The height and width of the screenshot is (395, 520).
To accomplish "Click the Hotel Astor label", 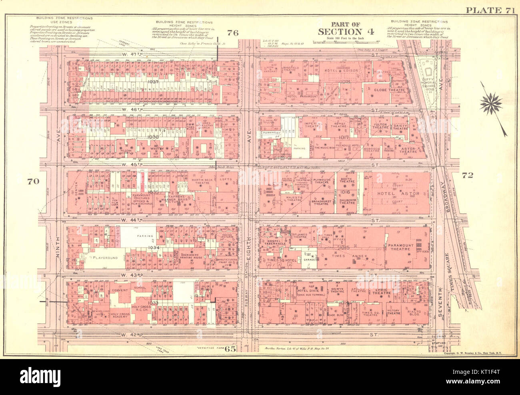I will [x=398, y=194].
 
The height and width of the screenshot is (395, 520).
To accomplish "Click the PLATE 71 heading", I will [x=490, y=11].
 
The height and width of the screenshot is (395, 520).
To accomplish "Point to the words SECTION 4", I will [x=346, y=32].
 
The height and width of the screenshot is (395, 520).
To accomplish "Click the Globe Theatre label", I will [x=389, y=90].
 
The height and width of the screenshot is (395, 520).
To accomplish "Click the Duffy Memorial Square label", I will [x=429, y=85].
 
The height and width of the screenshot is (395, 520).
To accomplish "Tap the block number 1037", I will [x=142, y=82].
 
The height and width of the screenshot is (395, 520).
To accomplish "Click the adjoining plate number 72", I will [x=467, y=175].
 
